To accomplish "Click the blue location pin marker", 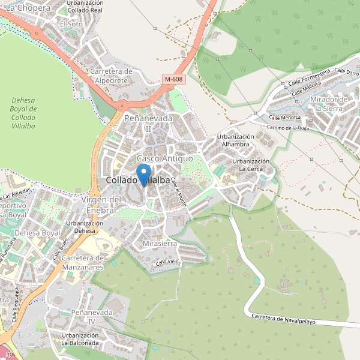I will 144,174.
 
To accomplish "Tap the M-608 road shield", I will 173,79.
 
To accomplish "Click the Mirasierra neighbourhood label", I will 160,244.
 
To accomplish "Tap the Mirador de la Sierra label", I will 330,104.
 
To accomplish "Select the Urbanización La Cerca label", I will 251,165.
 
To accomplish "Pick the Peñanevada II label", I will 148,124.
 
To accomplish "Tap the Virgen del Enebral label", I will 101,205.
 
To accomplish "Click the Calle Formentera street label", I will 309,77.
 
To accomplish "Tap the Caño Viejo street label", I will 168,262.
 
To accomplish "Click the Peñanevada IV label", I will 91,317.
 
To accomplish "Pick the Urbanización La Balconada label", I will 79,338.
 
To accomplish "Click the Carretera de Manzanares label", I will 91,262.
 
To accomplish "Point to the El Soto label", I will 71,23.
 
